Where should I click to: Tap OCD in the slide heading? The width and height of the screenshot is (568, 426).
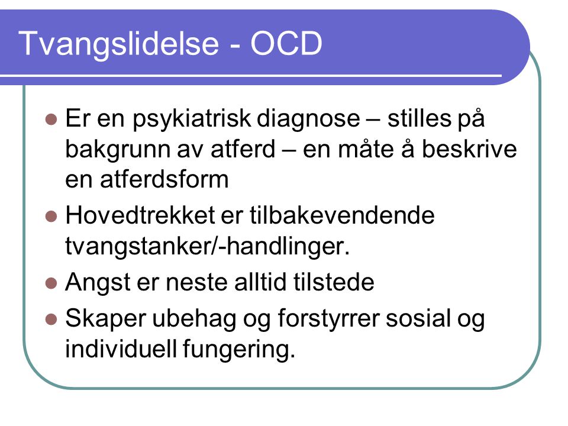pos(286,43)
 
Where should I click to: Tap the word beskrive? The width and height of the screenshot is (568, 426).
pos(469,149)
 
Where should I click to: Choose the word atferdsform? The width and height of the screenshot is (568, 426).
pos(164,179)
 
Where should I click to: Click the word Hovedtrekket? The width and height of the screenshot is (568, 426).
pos(141,215)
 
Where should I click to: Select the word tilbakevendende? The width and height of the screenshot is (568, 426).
pos(342,215)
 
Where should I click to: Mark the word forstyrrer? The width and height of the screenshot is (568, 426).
pos(330,319)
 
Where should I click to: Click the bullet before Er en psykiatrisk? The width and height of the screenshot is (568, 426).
pos(51,119)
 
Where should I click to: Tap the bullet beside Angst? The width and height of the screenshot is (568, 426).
pos(51,283)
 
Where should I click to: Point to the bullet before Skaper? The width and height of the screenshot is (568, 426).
pos(51,319)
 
